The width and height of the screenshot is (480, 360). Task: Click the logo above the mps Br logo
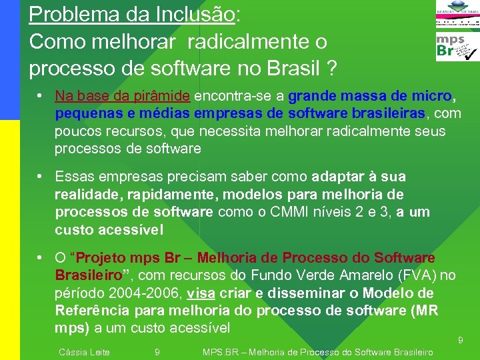[x=457, y=14]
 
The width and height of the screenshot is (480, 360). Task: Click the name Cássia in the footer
[x=71, y=352]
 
